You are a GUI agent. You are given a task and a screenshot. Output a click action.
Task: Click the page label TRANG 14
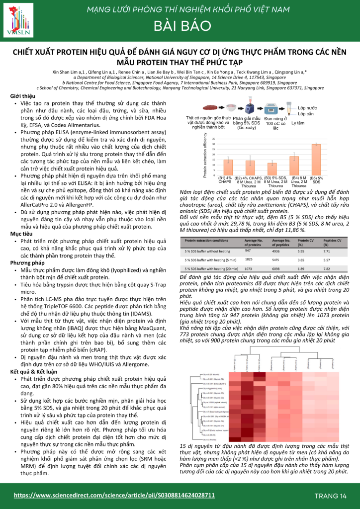tap(330, 496)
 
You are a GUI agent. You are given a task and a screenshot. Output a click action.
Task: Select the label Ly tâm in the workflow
tap(297, 123)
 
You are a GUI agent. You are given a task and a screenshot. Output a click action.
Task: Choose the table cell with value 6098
tap(277, 268)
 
